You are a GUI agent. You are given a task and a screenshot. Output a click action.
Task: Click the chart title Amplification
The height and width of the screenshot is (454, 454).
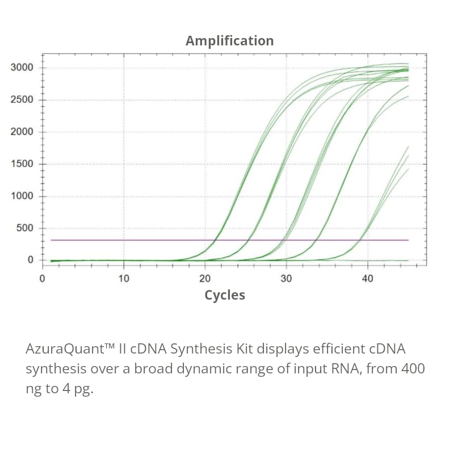pos(229,41)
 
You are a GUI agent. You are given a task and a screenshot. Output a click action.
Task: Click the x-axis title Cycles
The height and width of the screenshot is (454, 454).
pos(225,295)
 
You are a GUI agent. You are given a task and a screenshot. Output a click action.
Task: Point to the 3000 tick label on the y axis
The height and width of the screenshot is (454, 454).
pos(22,68)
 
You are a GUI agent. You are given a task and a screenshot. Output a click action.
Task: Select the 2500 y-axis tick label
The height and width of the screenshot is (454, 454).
pos(22,100)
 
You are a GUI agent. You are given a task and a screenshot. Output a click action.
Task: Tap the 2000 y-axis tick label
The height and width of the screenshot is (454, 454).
pos(22,132)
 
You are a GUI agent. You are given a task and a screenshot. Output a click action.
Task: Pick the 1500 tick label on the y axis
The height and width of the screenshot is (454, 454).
pos(22,165)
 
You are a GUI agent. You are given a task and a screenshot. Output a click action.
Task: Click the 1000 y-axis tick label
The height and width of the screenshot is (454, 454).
pos(22,196)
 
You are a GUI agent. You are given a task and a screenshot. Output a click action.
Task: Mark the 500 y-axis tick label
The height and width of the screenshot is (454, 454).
pos(25,229)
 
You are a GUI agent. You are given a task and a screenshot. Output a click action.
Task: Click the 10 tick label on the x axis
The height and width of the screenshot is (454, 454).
pos(124,279)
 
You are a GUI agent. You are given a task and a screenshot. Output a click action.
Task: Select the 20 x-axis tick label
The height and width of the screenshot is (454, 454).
pos(205,279)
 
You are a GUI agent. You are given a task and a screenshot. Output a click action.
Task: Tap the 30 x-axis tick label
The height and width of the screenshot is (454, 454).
pos(286,279)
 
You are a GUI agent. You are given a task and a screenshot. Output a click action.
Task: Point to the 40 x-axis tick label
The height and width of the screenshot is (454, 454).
pos(368,279)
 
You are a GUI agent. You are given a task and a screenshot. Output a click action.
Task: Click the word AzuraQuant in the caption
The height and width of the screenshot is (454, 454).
pos(62,348)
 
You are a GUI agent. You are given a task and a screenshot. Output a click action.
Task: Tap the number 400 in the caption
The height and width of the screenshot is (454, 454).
pos(413,369)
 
